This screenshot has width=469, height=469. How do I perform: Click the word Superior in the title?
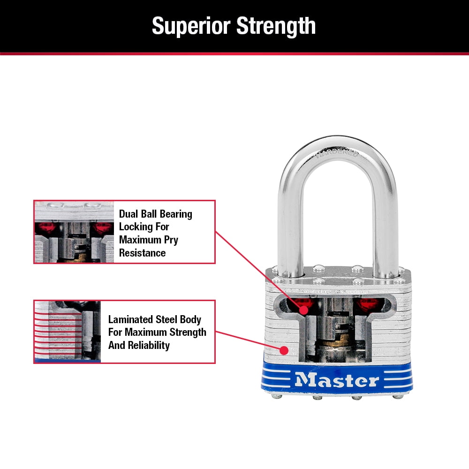191,26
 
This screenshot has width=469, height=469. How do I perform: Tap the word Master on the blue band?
337,379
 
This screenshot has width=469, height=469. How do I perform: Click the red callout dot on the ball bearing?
303,310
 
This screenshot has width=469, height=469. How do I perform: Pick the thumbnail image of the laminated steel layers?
68,332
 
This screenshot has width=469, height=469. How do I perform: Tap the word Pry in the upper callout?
170,240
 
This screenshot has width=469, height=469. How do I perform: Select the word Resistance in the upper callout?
142,253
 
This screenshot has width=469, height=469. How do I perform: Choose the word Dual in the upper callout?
129,214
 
